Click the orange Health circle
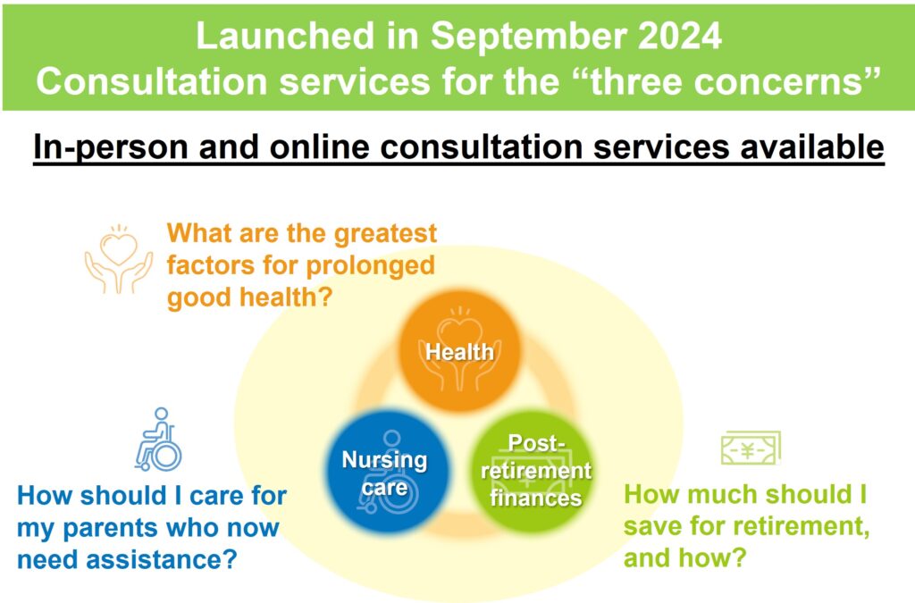[x=460, y=351]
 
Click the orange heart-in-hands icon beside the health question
[x=119, y=258]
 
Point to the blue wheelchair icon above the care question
[x=159, y=440]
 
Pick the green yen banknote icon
[x=751, y=448]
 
